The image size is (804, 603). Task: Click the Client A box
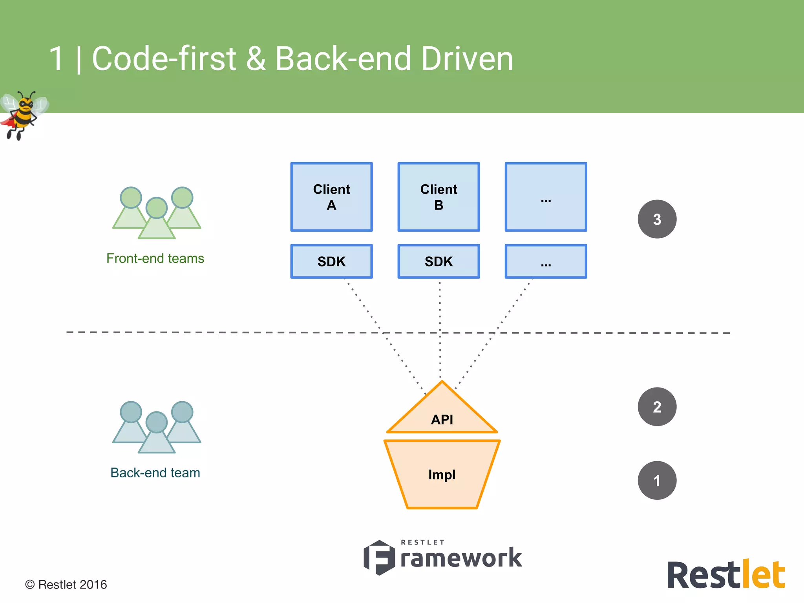331,197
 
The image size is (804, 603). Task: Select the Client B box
439,197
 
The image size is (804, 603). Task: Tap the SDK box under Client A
331,261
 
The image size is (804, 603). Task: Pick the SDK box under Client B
439,261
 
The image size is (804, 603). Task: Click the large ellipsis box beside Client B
546,197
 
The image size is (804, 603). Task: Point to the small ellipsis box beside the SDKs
546,261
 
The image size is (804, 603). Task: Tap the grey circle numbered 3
657,219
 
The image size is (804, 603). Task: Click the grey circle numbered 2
657,407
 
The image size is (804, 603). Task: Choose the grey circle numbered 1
657,480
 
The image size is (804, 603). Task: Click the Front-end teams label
155,258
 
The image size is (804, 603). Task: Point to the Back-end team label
155,473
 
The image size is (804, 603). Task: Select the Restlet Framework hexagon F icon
379,557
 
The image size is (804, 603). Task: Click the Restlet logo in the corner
726,575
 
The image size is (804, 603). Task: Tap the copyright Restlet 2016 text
66,585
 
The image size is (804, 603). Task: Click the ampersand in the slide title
256,58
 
